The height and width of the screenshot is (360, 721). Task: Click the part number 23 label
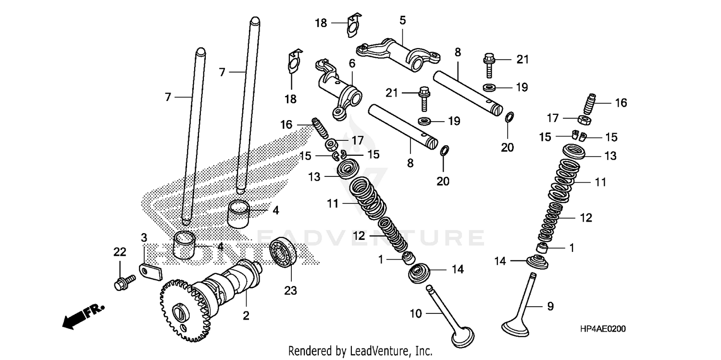290,290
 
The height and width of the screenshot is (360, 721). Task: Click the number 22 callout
119,251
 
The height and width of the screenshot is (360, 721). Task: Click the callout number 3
143,237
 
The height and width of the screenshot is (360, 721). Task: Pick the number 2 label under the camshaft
246,316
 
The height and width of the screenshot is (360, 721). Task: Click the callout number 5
402,20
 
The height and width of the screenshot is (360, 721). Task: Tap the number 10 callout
415,314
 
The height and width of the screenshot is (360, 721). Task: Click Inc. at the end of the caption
423,351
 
